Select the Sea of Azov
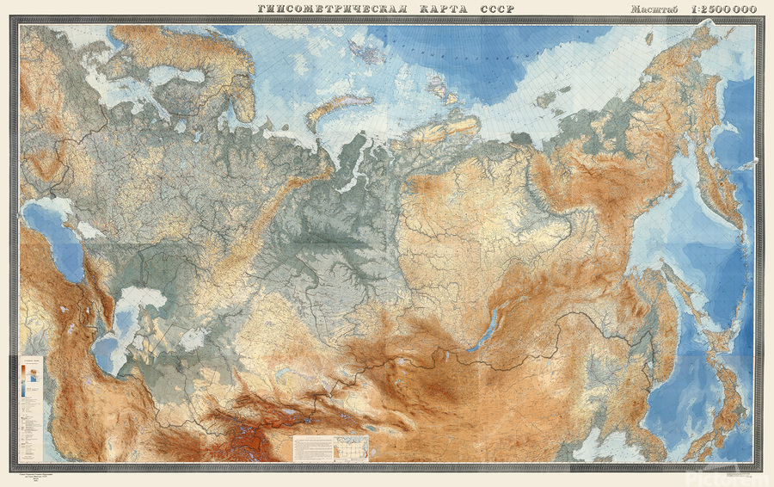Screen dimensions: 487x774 [x=87, y=231]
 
